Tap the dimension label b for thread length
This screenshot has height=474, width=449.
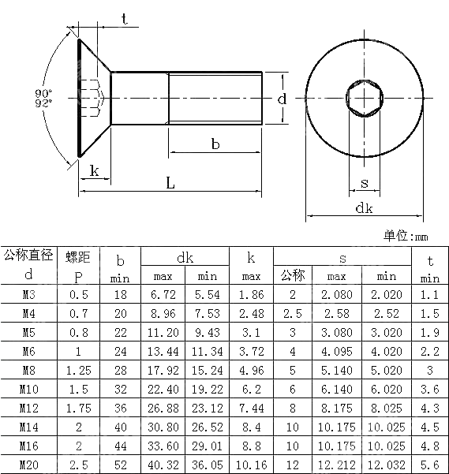tap(215, 144)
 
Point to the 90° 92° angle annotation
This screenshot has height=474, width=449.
tap(43, 98)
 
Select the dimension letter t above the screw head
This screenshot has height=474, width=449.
tap(125, 20)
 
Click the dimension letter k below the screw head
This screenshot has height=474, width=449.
tap(94, 170)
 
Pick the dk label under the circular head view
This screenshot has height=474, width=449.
tap(364, 208)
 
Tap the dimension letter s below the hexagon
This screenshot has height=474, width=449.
tap(364, 184)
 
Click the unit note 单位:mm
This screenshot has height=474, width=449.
tap(406, 236)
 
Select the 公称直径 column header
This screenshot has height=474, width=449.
tap(28, 256)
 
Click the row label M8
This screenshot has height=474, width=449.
tap(28, 370)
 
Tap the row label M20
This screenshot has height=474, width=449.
tap(28, 465)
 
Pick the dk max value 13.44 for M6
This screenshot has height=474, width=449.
tap(163, 351)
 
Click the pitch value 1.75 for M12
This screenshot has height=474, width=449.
tap(78, 408)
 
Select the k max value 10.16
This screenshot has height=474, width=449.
tap(250, 465)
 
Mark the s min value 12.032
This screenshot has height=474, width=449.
tap(387, 465)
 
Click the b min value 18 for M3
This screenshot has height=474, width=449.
tap(121, 294)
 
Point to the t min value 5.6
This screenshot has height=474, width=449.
tap(430, 465)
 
